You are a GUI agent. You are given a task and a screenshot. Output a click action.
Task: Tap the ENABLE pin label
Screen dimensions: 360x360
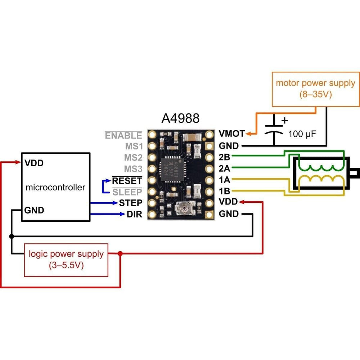tap(123, 135)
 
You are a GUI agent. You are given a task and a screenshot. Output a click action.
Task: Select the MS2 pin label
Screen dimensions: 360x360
tap(133, 158)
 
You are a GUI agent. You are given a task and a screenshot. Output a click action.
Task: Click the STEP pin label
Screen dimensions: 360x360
tap(131, 203)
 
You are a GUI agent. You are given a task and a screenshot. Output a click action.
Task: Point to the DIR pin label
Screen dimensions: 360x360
tap(134, 215)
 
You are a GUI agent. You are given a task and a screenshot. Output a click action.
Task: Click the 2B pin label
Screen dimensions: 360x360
tap(225, 157)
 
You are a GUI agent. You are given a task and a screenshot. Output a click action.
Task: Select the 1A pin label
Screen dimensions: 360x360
tap(225, 180)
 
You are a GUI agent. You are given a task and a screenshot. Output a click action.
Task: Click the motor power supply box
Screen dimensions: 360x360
tap(315, 89)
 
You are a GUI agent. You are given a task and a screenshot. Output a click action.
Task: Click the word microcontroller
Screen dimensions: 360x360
tap(55, 187)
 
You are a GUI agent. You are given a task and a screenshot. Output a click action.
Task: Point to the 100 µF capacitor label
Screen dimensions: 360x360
tap(302, 135)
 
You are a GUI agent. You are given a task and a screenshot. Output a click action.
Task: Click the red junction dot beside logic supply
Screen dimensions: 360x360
tap(120, 254)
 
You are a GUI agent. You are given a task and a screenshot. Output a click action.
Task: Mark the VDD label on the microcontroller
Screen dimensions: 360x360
tap(34, 163)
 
